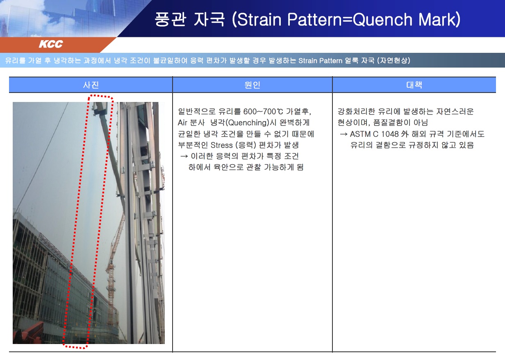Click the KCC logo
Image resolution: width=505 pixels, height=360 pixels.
51,44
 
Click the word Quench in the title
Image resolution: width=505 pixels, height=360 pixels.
383,20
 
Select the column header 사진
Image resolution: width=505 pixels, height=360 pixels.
91,85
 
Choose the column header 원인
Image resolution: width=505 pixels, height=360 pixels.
252,85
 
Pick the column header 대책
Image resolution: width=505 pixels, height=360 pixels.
414,85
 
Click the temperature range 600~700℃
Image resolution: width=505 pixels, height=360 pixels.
263,111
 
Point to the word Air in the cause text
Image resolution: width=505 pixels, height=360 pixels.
182,123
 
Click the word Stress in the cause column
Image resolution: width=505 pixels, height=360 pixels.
221,145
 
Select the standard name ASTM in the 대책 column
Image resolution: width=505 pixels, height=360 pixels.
360,134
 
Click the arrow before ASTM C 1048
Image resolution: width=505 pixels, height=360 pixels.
343,134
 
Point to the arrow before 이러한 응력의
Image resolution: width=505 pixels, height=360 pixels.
184,156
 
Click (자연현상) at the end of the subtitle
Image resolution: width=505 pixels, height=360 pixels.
394,60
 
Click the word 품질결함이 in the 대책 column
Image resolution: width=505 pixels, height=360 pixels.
392,123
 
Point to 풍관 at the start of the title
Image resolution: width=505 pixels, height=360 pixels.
171,19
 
